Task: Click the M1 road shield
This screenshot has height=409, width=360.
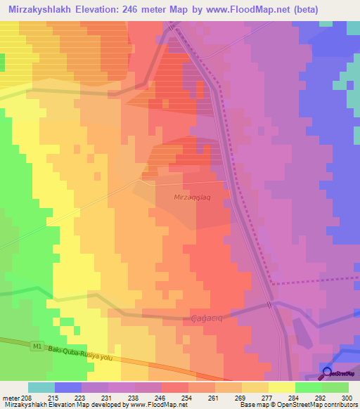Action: coord(37,346)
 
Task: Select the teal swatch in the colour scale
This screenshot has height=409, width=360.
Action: coord(41,387)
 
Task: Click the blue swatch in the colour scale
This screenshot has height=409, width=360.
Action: coord(67,387)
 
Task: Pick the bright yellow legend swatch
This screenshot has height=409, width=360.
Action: coord(281,387)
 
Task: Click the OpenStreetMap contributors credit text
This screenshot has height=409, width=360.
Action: coord(320,405)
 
